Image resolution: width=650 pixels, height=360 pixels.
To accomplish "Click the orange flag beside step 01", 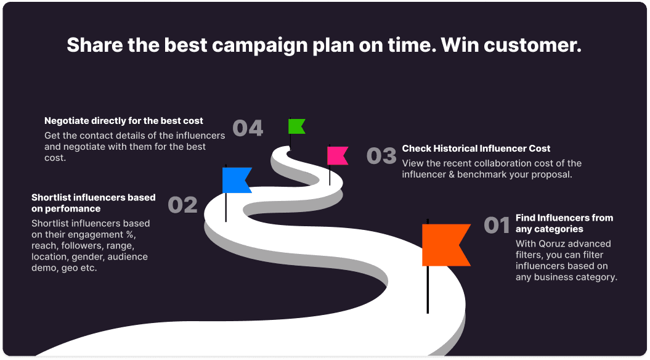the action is point(444,245).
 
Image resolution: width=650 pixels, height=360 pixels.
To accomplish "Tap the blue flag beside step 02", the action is point(235,180).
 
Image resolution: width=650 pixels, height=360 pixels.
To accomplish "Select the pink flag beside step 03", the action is point(336,155).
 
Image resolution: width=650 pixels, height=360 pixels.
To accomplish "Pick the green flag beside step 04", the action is point(296,126).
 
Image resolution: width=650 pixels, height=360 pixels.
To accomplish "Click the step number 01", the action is point(497,225).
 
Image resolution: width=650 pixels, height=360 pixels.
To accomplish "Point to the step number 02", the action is point(182,205).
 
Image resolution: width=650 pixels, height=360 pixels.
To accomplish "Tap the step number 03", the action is point(381,156).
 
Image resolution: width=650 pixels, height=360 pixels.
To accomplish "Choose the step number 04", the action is point(248,128).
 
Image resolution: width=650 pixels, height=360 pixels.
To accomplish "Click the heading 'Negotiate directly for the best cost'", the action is point(124,121).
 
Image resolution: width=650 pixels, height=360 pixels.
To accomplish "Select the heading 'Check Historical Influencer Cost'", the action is point(476,149).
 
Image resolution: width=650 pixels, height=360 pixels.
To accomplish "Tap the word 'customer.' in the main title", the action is point(532,45).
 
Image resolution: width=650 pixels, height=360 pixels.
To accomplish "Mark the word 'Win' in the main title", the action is point(459,45).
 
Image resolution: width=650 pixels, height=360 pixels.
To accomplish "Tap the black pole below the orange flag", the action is point(428,290).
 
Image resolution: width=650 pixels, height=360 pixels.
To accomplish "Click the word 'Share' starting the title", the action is point(94,45).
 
